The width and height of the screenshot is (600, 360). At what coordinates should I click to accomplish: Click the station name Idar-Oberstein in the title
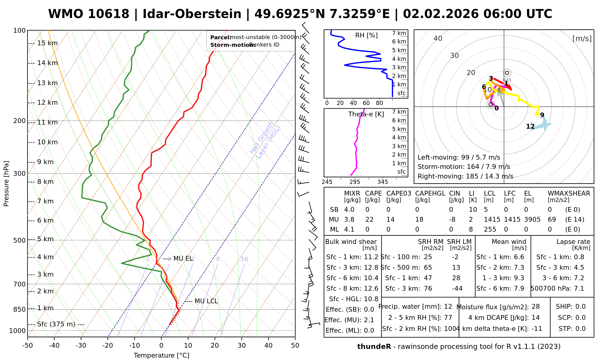pos(192,14)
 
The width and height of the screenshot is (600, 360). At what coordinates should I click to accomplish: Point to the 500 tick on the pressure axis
pos(20,240)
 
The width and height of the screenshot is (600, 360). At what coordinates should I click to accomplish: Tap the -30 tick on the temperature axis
pos(81,346)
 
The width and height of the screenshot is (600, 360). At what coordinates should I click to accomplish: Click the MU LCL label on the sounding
pos(206,301)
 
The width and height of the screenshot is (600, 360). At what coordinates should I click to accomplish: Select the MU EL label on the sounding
pos(183,259)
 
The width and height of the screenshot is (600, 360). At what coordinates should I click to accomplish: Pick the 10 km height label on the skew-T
pos(47,142)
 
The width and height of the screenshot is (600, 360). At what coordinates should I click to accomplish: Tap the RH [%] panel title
pos(366,35)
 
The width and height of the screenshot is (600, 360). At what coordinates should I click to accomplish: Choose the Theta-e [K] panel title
pos(366,114)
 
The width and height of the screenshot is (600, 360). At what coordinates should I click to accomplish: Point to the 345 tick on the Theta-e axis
pos(382,182)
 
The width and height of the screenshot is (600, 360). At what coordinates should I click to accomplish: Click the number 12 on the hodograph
pos(530,127)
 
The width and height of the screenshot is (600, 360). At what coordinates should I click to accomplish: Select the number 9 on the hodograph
pos(542,115)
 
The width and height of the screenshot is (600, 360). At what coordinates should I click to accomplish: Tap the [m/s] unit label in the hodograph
pos(582,39)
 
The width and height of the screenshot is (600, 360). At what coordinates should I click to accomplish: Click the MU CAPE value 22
pos(369,220)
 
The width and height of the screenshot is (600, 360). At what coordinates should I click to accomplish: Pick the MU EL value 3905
pos(532,220)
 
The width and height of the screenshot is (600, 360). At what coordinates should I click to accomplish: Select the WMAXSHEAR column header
pos(569,193)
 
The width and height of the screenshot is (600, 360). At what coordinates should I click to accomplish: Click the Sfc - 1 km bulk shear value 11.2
pos(371,257)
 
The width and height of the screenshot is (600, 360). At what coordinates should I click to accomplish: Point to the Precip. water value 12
pos(448,307)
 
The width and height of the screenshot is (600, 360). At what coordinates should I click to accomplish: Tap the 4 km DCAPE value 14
pos(535,318)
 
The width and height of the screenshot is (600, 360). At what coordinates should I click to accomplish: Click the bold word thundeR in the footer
pos(374,347)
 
